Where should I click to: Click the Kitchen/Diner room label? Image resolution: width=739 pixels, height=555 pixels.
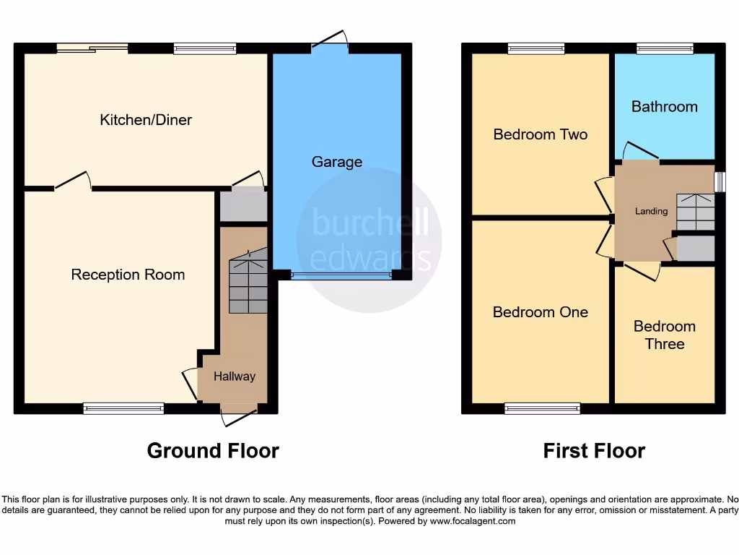[x=146, y=120]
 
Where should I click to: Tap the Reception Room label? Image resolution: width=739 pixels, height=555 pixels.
[x=128, y=275]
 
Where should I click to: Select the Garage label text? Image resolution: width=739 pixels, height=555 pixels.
[x=336, y=162]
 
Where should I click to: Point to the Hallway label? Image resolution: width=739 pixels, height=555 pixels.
[x=235, y=377]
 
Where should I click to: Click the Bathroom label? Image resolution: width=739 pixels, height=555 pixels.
[x=664, y=107]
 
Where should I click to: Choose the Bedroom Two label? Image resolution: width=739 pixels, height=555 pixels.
[x=540, y=134]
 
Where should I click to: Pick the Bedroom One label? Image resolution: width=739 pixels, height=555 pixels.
[x=540, y=312]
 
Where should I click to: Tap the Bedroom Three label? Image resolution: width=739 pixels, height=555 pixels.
[x=664, y=335]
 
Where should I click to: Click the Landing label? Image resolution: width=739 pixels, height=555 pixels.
[x=651, y=211]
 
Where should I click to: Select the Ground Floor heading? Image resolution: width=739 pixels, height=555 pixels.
[x=213, y=451]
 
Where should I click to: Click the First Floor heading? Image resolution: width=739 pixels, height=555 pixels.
[x=594, y=451]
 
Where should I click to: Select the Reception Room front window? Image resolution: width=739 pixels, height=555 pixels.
[x=123, y=409]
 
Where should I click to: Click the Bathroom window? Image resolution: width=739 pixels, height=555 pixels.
[x=665, y=48]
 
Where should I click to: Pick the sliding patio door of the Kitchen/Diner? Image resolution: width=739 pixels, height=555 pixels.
[x=92, y=48]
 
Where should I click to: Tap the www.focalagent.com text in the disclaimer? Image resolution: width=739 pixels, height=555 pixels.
[x=473, y=521]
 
